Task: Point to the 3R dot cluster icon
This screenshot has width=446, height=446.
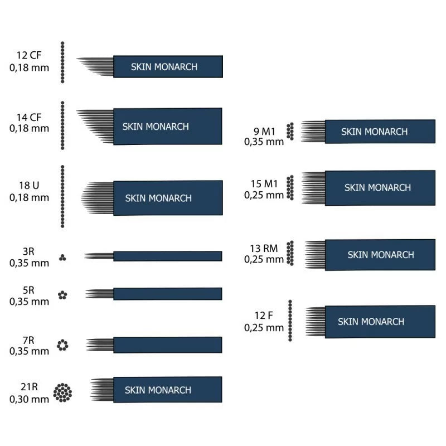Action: click(63, 258)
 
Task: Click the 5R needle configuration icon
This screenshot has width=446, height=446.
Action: click(63, 295)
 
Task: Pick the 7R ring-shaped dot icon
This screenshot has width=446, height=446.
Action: click(62, 345)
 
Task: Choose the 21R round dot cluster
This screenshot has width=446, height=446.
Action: click(62, 392)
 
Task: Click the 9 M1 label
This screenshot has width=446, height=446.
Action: click(264, 132)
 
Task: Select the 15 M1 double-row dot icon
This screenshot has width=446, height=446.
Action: click(290, 187)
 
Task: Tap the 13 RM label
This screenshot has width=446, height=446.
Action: click(264, 249)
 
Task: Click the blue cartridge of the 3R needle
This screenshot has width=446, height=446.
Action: click(167, 256)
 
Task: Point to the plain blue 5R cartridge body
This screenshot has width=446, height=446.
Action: click(167, 293)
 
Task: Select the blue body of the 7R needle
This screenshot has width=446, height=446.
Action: click(167, 345)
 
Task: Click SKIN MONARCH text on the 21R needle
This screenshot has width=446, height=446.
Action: click(158, 390)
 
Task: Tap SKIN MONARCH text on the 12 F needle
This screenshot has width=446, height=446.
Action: click(371, 322)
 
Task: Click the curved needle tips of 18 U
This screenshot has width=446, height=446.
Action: click(97, 198)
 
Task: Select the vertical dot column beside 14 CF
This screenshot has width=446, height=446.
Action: click(62, 125)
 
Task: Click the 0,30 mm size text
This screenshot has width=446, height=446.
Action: click(29, 399)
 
